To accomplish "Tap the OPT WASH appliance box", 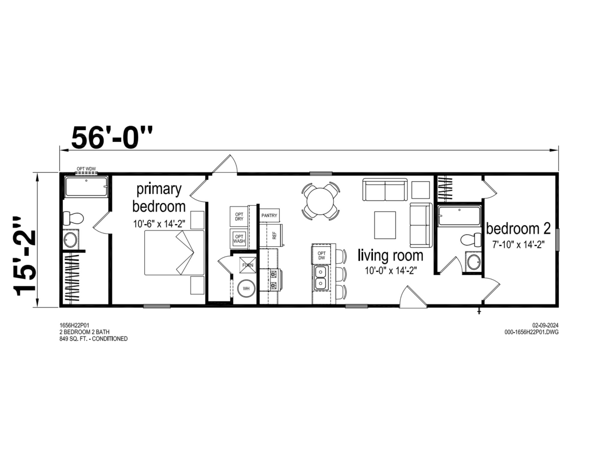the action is point(239,239).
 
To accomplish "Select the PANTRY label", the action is point(269,215).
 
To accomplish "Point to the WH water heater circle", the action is point(246,289).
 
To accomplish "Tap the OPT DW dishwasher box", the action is point(321,255).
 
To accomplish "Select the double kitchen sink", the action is point(321,278).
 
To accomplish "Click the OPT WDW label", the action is point(86,169).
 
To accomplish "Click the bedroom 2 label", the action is point(518,229).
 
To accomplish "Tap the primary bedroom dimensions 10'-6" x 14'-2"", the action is point(159,224).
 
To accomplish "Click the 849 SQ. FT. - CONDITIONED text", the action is point(94,339).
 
